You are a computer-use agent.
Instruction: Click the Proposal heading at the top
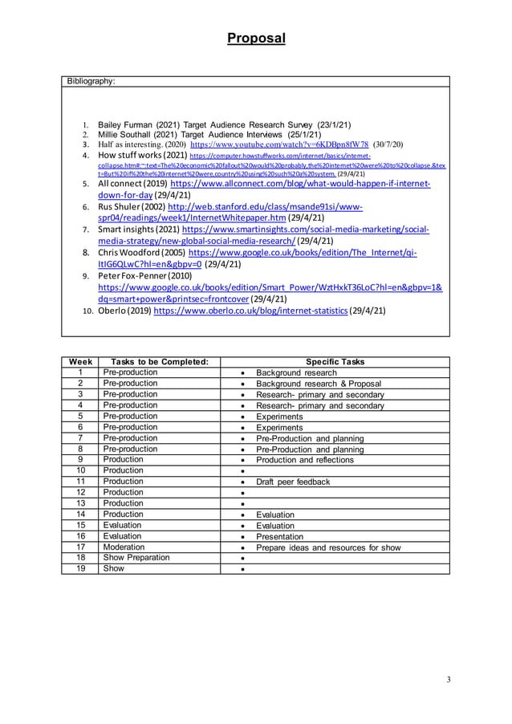tap(255, 38)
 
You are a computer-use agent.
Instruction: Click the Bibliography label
tap(91, 81)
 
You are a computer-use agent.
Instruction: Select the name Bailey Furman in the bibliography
tap(124, 124)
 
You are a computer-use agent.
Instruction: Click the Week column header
tap(80, 362)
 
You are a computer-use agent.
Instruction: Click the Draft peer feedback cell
tap(292, 482)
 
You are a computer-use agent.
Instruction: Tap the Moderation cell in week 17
tap(123, 547)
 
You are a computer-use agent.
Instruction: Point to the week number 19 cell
tap(80, 568)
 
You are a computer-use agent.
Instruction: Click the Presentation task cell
tap(279, 536)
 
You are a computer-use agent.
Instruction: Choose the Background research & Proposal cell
tap(318, 384)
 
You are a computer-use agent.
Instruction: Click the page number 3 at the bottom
tap(449, 680)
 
